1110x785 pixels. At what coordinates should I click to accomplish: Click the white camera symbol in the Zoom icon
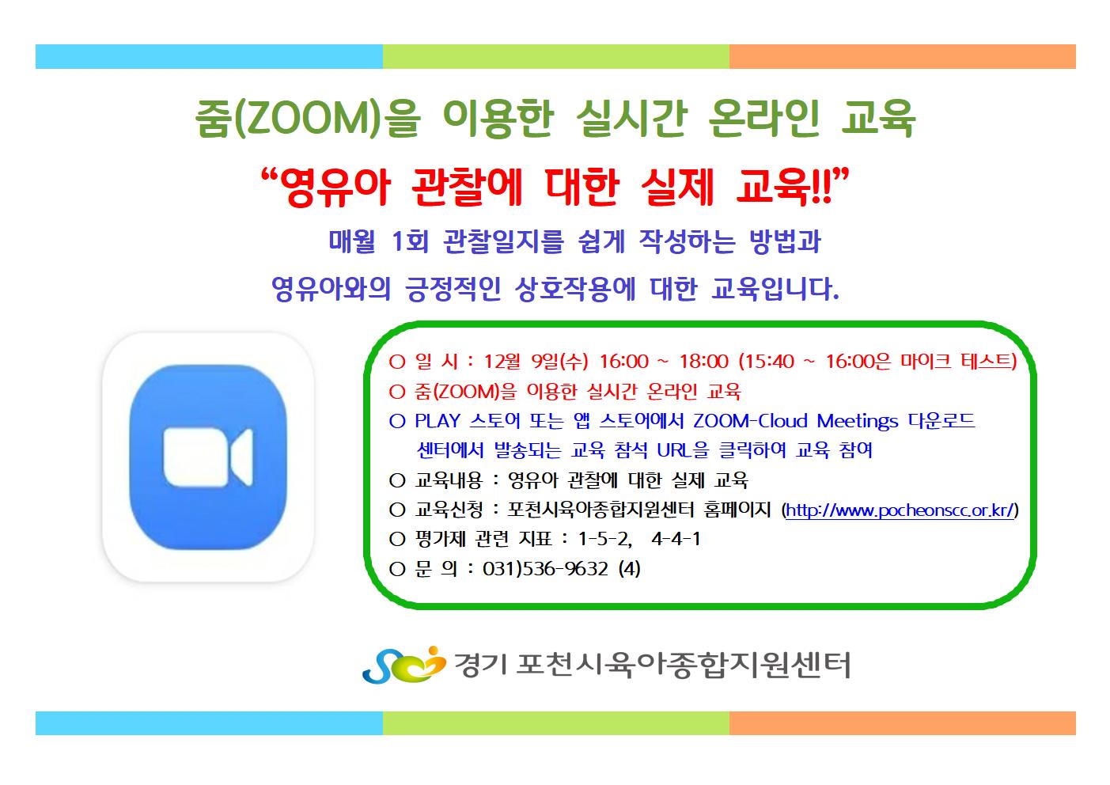[x=208, y=456]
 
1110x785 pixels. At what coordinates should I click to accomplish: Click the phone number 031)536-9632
[x=545, y=568]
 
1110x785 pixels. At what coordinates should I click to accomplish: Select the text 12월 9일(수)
[x=536, y=362]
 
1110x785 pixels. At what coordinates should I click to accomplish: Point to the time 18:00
[x=703, y=362]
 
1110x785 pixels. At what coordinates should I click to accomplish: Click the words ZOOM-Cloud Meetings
[x=795, y=421]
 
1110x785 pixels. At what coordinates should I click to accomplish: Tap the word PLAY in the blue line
[x=438, y=421]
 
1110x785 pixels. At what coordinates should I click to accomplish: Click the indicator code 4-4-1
[x=676, y=539]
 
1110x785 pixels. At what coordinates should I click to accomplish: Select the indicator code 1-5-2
[x=604, y=539]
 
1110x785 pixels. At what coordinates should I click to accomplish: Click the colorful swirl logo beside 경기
[x=403, y=665]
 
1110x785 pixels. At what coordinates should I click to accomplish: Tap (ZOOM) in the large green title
[x=307, y=119]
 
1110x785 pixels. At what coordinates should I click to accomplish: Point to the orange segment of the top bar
[x=903, y=56]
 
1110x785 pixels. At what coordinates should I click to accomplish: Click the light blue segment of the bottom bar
[x=209, y=723]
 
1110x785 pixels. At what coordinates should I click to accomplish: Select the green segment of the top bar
[x=556, y=56]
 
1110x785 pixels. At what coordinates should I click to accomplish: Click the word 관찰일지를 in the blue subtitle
[x=503, y=242]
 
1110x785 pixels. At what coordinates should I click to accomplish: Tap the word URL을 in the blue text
[x=683, y=450]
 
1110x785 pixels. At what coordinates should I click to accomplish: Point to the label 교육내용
[x=449, y=480]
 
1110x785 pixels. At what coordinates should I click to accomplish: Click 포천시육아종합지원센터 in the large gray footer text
[x=684, y=665]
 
